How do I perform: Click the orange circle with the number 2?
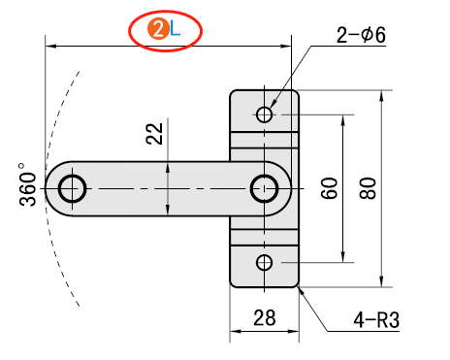(158, 29)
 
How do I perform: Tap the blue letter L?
(175, 30)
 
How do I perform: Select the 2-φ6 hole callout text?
(361, 35)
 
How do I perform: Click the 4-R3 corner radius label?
(376, 320)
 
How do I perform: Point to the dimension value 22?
(154, 134)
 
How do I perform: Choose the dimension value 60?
(329, 188)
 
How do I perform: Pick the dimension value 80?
(368, 188)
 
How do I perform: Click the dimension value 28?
(265, 317)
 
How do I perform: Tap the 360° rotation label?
(27, 184)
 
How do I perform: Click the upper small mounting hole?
(265, 115)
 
